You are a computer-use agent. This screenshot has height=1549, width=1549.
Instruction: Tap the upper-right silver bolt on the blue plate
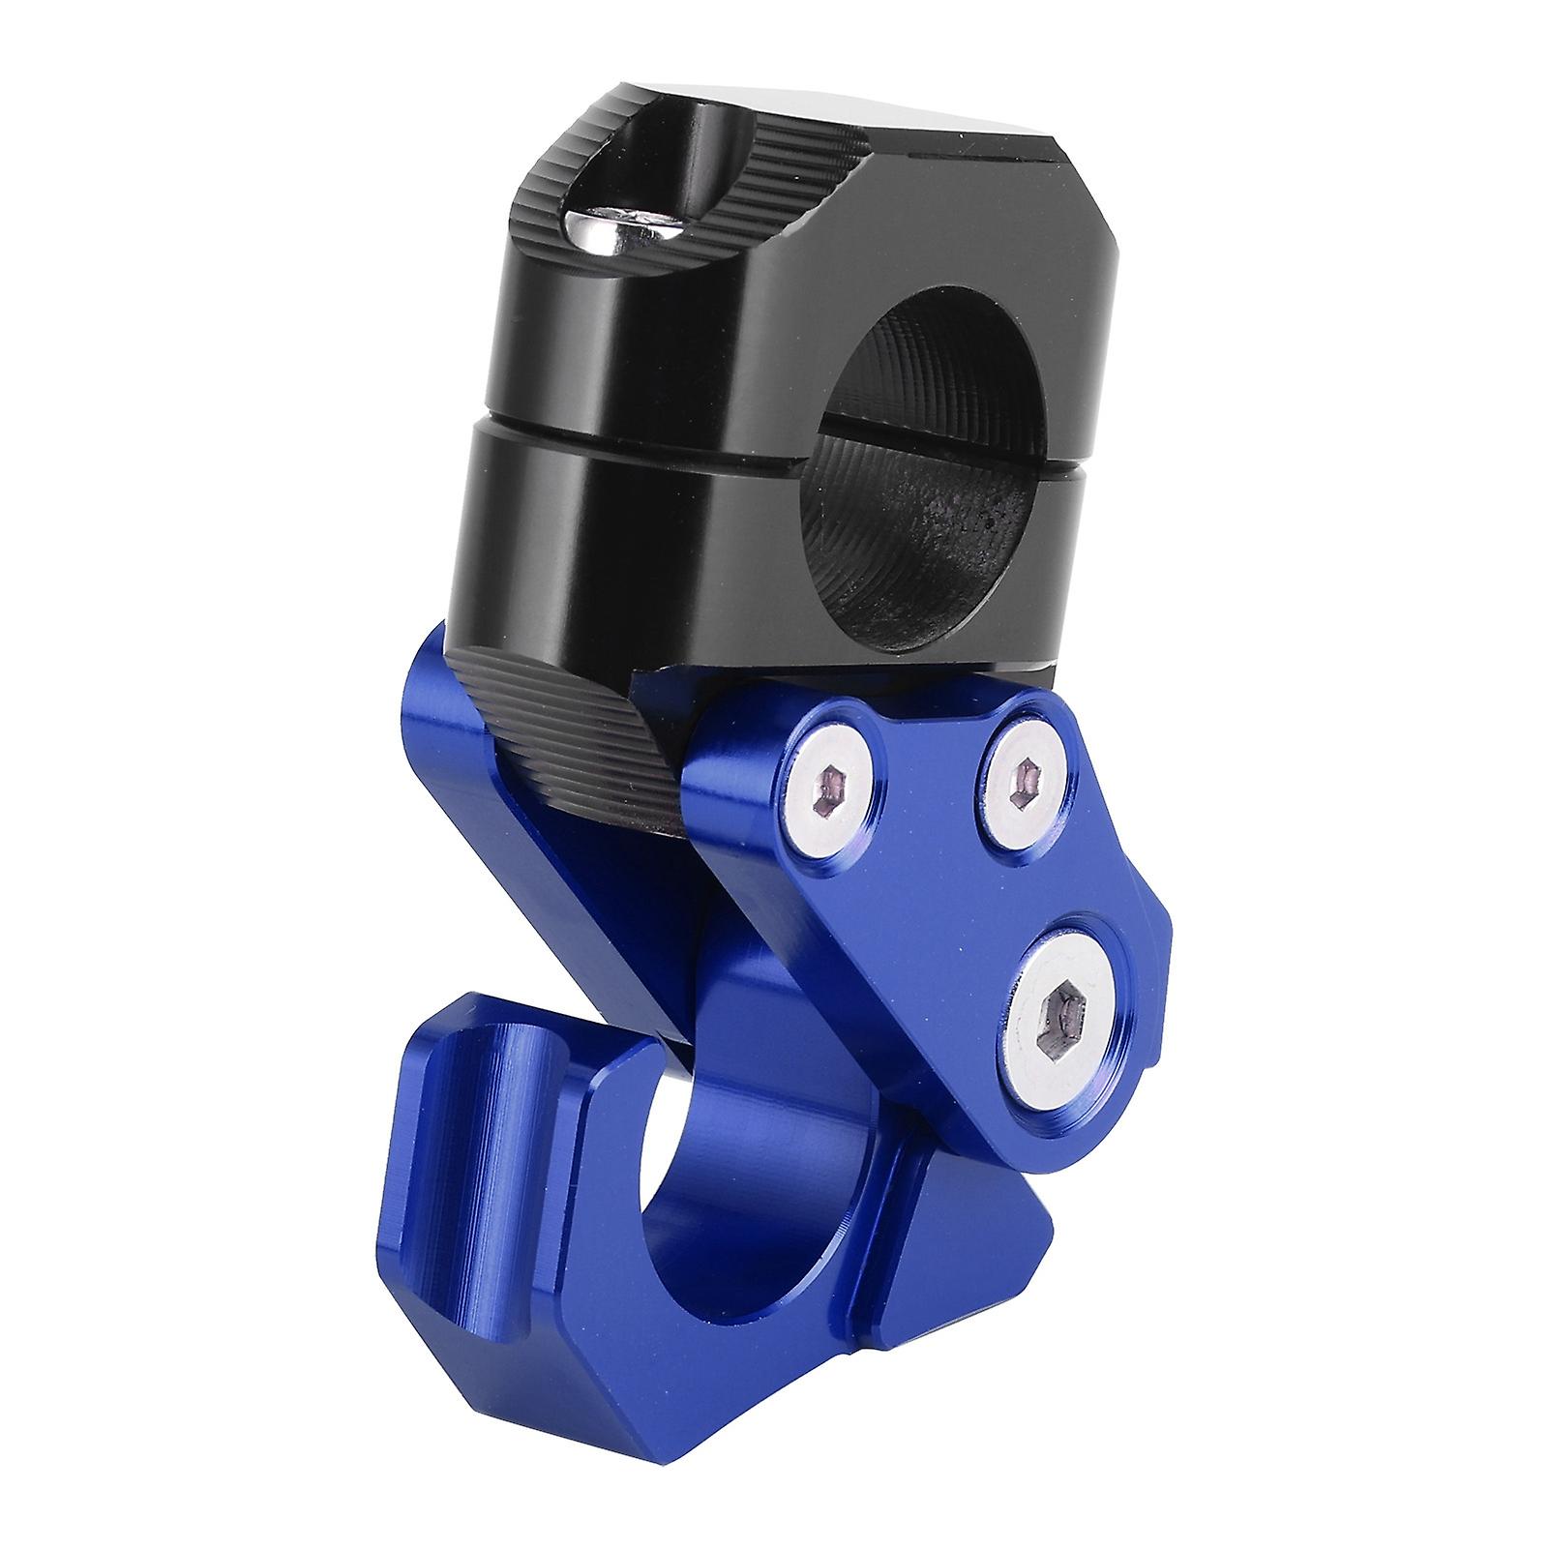pyautogui.click(x=1025, y=753)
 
